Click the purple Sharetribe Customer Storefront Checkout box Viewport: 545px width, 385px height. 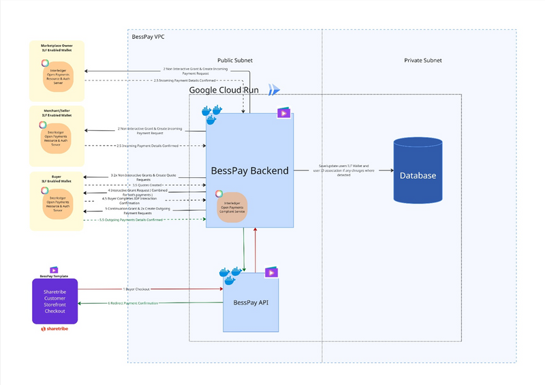click(x=54, y=301)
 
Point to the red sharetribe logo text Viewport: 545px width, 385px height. click(x=56, y=328)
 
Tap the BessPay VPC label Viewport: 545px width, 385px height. click(x=148, y=36)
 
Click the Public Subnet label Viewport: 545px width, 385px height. click(x=235, y=61)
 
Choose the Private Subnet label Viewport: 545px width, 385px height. click(x=422, y=61)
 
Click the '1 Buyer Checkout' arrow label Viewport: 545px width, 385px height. click(x=138, y=289)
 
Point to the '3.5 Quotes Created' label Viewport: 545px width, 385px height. click(x=146, y=185)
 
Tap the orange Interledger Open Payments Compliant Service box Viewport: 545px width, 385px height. click(x=231, y=206)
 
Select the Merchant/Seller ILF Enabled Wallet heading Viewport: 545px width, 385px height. click(x=57, y=112)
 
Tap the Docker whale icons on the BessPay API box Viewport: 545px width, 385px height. click(x=228, y=275)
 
